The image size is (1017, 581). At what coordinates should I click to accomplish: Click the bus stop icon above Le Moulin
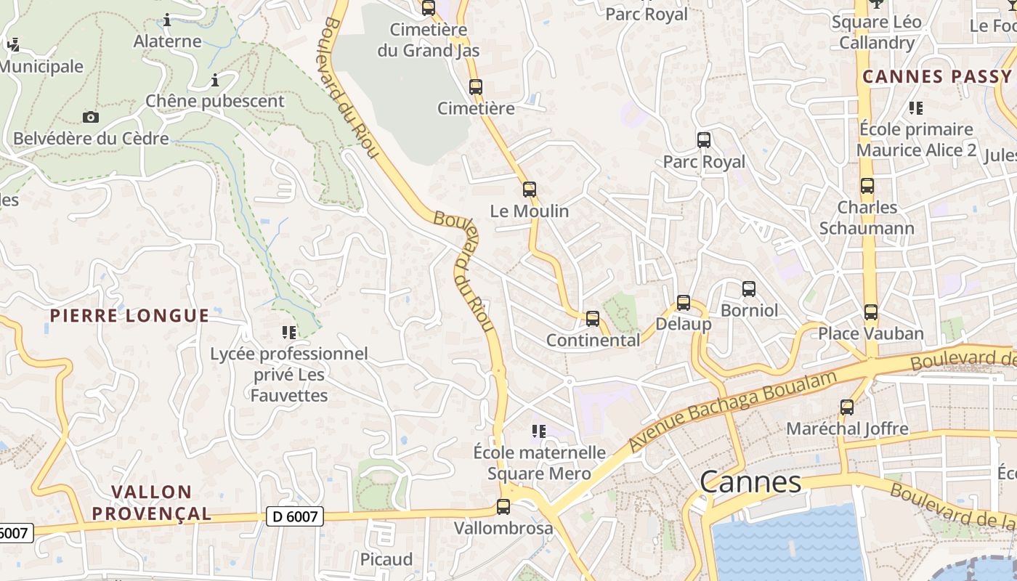[529, 190]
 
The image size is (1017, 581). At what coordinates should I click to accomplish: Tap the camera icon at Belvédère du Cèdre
[91, 117]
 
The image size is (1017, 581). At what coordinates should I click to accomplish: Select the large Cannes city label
[750, 482]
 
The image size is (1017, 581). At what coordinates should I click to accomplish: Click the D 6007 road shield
[294, 516]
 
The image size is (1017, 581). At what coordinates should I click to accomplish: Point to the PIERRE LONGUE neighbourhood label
[129, 316]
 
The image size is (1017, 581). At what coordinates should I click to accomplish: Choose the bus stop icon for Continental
[593, 318]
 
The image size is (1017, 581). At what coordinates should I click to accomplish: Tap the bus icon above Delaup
[683, 303]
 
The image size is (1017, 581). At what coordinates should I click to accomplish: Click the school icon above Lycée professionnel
[289, 333]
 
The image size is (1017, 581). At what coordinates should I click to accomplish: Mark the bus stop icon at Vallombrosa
[503, 507]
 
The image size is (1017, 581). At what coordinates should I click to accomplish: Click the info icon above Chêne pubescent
[214, 80]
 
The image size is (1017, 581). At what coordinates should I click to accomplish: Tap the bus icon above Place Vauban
[870, 312]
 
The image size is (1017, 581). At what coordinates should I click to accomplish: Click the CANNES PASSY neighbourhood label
[936, 77]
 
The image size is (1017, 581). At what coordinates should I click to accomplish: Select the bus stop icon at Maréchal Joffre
[847, 407]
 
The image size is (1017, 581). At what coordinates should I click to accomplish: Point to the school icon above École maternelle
[538, 431]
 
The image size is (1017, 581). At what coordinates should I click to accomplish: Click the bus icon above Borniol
[749, 289]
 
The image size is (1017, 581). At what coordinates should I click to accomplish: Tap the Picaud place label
[386, 559]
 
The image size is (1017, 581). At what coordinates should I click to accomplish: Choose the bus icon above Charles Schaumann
[867, 186]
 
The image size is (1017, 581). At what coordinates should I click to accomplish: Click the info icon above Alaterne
[167, 20]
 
